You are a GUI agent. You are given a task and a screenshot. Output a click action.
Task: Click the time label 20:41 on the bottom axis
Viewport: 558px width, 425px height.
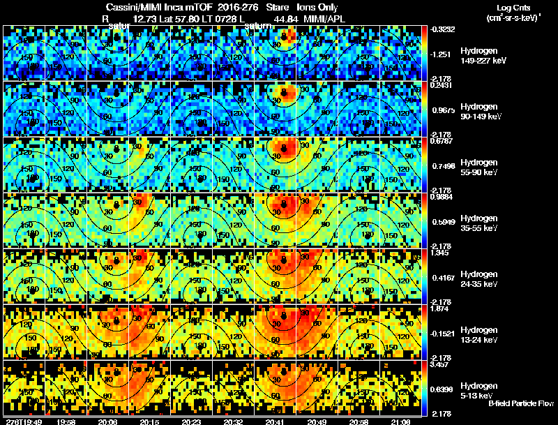point(275,421)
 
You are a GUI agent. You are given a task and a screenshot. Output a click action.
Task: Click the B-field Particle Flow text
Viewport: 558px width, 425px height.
point(521,403)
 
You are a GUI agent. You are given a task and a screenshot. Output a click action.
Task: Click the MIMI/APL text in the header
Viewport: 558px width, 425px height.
point(324,19)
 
